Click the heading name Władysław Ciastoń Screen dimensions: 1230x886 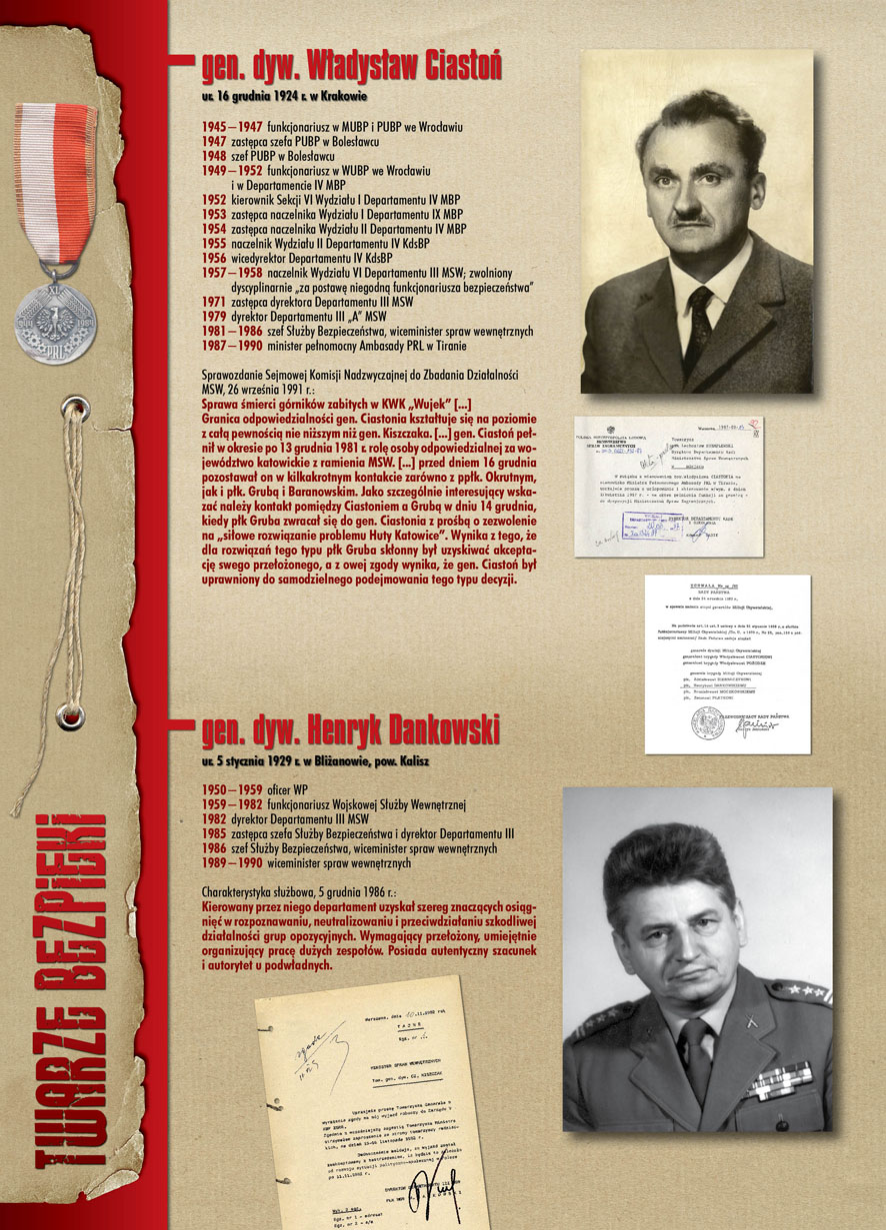point(351,67)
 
